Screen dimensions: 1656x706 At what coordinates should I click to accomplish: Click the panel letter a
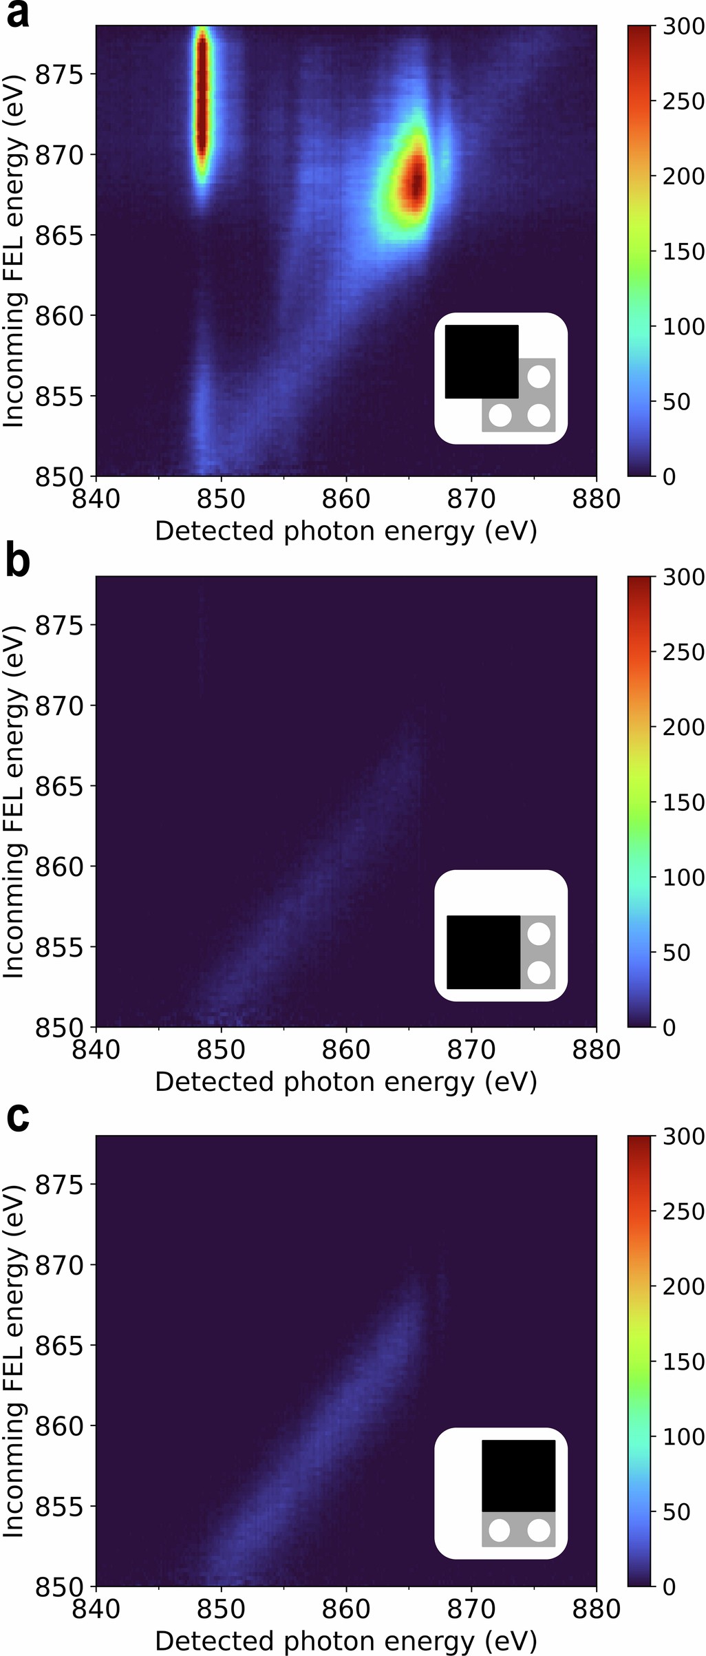point(17,14)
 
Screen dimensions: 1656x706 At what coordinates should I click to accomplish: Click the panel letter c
point(17,1116)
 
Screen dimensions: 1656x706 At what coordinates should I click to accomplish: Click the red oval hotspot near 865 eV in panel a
point(415,184)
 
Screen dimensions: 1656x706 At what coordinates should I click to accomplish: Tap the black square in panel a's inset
point(482,361)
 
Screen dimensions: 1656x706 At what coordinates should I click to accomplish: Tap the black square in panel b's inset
point(483,952)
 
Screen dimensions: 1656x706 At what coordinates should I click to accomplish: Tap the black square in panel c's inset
point(518,1476)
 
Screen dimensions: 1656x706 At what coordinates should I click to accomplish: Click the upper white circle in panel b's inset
point(539,934)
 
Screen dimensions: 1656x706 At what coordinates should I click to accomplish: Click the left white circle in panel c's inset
point(499,1531)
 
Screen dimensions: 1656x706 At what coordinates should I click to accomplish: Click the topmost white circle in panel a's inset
point(539,376)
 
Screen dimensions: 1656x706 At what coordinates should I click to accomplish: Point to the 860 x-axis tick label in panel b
point(345,1050)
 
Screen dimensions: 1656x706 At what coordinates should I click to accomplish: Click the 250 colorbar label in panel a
point(683,101)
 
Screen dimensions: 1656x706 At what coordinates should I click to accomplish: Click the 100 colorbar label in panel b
point(683,877)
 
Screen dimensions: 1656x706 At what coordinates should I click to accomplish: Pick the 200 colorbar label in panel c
point(683,1286)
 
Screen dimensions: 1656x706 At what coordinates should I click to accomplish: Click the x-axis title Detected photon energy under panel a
point(345,531)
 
